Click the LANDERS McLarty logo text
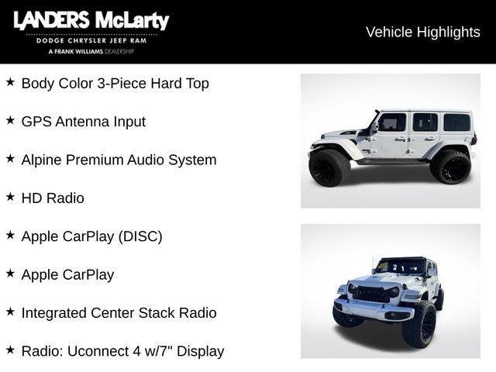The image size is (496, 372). tap(91, 21)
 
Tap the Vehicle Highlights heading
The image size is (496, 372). tap(422, 32)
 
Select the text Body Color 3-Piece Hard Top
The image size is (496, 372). tap(115, 84)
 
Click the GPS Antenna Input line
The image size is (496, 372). tap(83, 122)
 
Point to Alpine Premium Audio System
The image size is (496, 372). tap(119, 160)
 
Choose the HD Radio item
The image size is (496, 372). tap(53, 198)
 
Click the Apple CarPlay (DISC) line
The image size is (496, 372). tap(91, 236)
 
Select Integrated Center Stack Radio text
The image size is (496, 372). tap(119, 313)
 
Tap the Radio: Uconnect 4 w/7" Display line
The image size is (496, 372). tap(122, 351)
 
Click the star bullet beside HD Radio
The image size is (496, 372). tap(10, 197)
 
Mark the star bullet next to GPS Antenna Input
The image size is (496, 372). tap(10, 120)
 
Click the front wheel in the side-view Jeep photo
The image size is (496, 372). tap(329, 167)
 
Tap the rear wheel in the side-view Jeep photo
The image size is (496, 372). tap(450, 166)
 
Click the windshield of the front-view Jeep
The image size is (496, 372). tap(401, 267)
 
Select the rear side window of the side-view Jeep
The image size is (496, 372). tap(456, 122)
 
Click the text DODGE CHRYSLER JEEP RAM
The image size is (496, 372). tap(91, 40)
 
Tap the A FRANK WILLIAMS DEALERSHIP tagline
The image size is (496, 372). tap(91, 51)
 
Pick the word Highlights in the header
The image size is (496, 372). tap(449, 32)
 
